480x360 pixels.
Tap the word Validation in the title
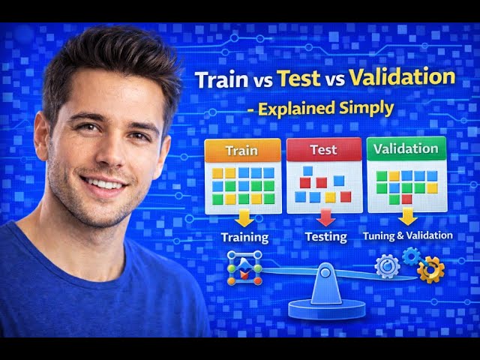point(403,77)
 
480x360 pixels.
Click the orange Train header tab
point(241,150)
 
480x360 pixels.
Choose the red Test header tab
point(323,149)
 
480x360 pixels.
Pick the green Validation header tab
point(406,148)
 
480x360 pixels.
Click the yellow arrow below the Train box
point(244,219)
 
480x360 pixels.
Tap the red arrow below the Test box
point(325,218)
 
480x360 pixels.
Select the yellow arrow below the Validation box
point(407,217)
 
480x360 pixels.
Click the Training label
point(244,238)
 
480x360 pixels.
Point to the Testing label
point(326,237)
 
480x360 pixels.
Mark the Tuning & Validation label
point(408,235)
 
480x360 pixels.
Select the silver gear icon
point(387,266)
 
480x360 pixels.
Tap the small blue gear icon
point(410,255)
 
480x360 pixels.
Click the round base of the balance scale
point(327,307)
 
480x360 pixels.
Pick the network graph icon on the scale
point(245,268)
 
